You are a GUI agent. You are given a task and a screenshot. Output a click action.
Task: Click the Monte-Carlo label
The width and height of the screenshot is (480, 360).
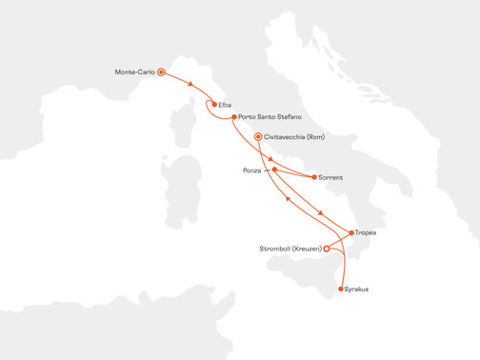click(134, 71)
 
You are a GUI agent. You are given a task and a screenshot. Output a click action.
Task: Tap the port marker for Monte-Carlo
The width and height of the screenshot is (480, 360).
click(162, 71)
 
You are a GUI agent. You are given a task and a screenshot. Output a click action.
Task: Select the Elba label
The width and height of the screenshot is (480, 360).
click(225, 104)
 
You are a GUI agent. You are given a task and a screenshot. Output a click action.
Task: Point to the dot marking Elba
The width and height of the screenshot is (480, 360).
click(213, 104)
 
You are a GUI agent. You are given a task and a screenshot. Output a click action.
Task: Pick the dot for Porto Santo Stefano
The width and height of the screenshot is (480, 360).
click(234, 117)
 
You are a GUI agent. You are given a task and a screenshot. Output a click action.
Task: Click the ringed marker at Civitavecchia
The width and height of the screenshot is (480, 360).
click(258, 136)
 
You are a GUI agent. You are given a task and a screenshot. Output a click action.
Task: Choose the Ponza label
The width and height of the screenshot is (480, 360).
click(252, 170)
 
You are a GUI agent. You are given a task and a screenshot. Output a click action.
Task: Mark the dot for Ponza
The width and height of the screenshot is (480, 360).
click(274, 170)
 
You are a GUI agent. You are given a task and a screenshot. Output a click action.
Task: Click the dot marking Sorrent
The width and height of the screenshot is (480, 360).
click(314, 177)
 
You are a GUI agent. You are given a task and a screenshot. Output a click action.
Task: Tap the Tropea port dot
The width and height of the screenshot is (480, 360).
click(352, 232)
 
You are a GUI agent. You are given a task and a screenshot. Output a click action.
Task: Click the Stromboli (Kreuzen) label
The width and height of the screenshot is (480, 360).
click(290, 250)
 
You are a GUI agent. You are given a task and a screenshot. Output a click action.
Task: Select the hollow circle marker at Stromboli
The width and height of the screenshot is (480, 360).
click(327, 250)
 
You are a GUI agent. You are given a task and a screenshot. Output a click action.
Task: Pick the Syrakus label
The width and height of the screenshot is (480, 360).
click(358, 288)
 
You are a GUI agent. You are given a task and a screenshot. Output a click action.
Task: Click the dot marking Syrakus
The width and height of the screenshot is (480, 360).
click(340, 288)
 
